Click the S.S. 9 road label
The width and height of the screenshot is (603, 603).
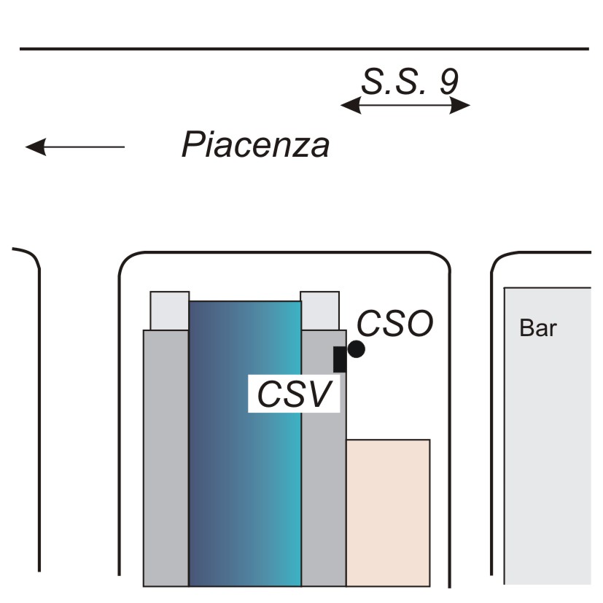[x=410, y=82]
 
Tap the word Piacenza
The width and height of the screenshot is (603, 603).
[x=255, y=144]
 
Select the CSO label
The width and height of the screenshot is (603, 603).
[x=395, y=324]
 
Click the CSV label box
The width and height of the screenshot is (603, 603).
[x=294, y=394]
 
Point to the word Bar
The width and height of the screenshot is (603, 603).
[x=538, y=328]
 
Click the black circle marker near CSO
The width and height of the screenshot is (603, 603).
[x=356, y=349]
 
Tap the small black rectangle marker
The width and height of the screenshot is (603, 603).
[x=340, y=359]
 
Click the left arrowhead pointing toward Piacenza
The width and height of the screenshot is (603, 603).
[x=36, y=147]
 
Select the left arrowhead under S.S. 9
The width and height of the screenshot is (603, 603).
[x=351, y=105]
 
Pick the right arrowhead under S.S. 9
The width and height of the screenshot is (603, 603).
[x=460, y=105]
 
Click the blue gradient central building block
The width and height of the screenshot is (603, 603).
[x=245, y=444]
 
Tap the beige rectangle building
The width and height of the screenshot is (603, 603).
[x=388, y=513]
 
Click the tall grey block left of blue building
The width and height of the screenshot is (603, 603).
[x=166, y=458]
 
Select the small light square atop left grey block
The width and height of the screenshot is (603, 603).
[x=170, y=311]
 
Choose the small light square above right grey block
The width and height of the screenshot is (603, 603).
[x=319, y=311]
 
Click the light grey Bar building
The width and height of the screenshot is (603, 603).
[x=548, y=436]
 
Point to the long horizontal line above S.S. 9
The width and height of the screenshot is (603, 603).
[x=304, y=49]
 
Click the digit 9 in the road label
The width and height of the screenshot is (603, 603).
[x=449, y=82]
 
